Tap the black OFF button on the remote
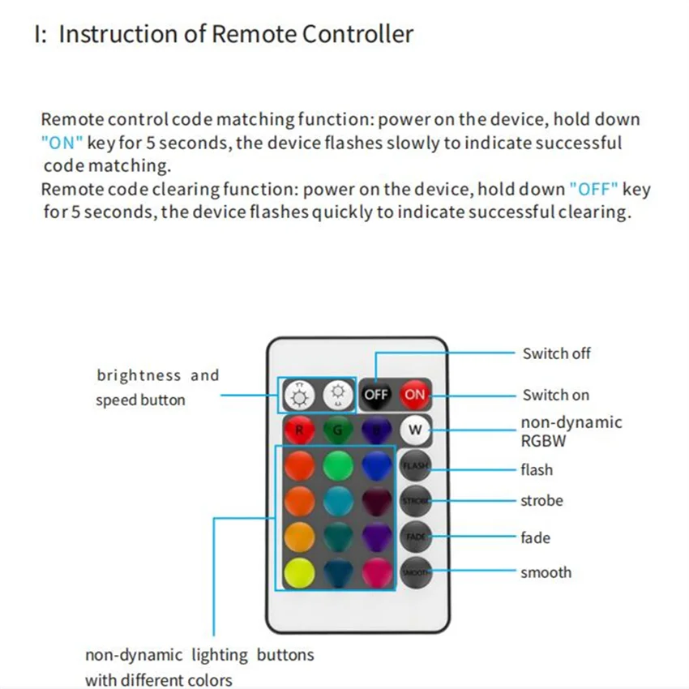point(376,395)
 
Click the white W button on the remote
point(415,430)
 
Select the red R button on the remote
point(299,430)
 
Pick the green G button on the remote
point(338,430)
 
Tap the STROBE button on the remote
point(415,500)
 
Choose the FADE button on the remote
point(415,536)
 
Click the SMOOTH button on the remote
point(415,571)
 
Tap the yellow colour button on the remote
point(299,572)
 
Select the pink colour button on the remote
point(377,572)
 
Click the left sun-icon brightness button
point(300,396)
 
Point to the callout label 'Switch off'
point(556,353)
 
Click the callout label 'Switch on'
point(555,396)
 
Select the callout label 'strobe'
point(541,501)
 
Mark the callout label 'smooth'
point(546,572)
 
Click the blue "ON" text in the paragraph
point(62,143)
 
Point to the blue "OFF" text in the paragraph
point(593,190)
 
